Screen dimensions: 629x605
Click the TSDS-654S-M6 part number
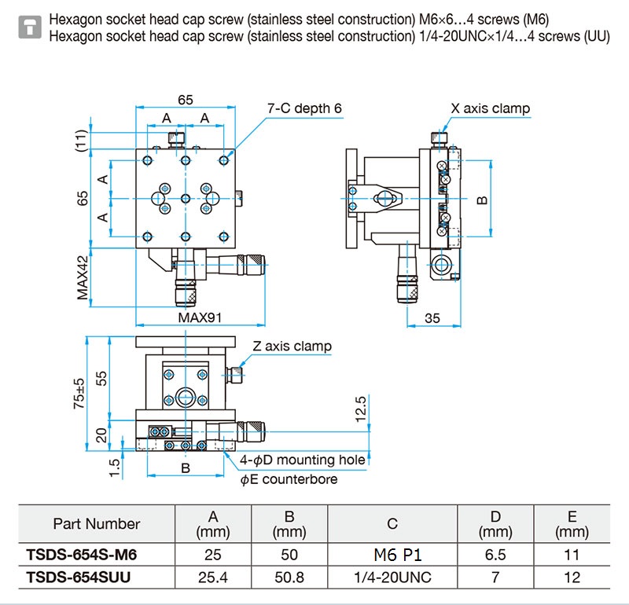(82, 555)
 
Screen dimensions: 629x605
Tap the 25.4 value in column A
(213, 577)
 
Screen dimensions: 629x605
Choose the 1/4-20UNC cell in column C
(392, 577)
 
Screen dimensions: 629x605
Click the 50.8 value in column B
(289, 577)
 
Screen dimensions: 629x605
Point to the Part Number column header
(97, 523)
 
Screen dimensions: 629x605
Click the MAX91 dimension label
(200, 317)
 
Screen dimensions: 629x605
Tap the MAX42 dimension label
(83, 278)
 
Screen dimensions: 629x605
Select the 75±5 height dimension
(79, 394)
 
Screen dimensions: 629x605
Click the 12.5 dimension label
(361, 409)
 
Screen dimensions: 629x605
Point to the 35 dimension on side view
(432, 318)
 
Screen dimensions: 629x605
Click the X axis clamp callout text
(490, 108)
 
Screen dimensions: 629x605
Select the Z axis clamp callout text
(292, 346)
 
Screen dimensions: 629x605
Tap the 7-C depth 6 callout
(304, 108)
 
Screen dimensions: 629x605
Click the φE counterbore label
(289, 479)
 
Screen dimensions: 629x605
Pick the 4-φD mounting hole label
(303, 460)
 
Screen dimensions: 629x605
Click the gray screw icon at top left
(30, 27)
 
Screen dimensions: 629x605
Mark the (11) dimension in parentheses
(81, 141)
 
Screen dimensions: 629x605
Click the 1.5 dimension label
(114, 467)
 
